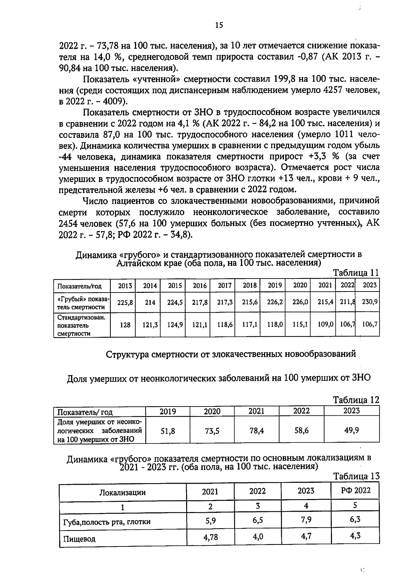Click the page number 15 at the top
(x=219, y=25)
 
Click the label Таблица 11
(x=356, y=273)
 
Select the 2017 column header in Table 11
(x=225, y=285)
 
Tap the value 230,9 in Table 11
(x=369, y=302)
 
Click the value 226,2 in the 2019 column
(x=274, y=302)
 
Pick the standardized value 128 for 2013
(x=125, y=325)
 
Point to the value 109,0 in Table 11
(x=325, y=325)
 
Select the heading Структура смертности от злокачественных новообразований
(x=231, y=354)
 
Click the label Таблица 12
(x=356, y=400)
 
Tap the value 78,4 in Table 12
(x=256, y=431)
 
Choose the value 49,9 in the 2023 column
(x=351, y=430)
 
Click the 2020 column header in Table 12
(x=212, y=411)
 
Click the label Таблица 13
(x=356, y=477)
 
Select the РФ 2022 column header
(x=355, y=490)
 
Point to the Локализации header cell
(x=122, y=493)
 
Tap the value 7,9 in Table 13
(x=306, y=520)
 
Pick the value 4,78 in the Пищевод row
(x=210, y=537)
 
